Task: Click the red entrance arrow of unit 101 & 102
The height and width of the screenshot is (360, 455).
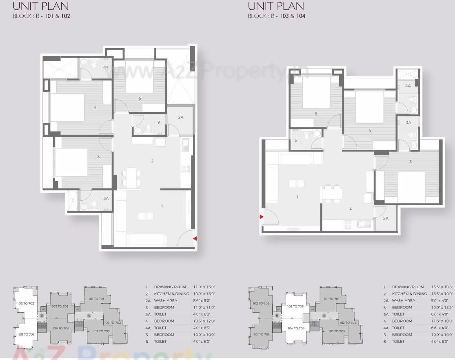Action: point(195,238)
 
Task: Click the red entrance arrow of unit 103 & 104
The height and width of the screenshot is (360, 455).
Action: point(261,217)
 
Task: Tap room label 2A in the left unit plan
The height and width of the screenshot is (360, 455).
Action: point(181,117)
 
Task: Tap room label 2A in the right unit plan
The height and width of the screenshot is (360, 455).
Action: point(386,218)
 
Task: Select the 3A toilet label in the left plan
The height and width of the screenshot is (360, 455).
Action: point(106,198)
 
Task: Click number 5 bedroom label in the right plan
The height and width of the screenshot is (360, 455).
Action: point(316,114)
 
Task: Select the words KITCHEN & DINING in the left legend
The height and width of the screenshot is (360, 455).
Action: point(171,294)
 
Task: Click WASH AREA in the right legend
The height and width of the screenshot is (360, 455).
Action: point(404,301)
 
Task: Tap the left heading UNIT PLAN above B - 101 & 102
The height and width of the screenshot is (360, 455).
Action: point(41,6)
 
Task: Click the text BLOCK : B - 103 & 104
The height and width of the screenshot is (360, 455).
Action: point(276,16)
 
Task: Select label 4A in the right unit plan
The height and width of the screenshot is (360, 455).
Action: point(408,86)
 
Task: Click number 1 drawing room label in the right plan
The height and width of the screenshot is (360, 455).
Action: point(297,197)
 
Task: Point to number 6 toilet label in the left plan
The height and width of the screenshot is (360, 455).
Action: point(159,123)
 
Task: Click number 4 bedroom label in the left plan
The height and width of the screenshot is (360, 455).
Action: point(95,107)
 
